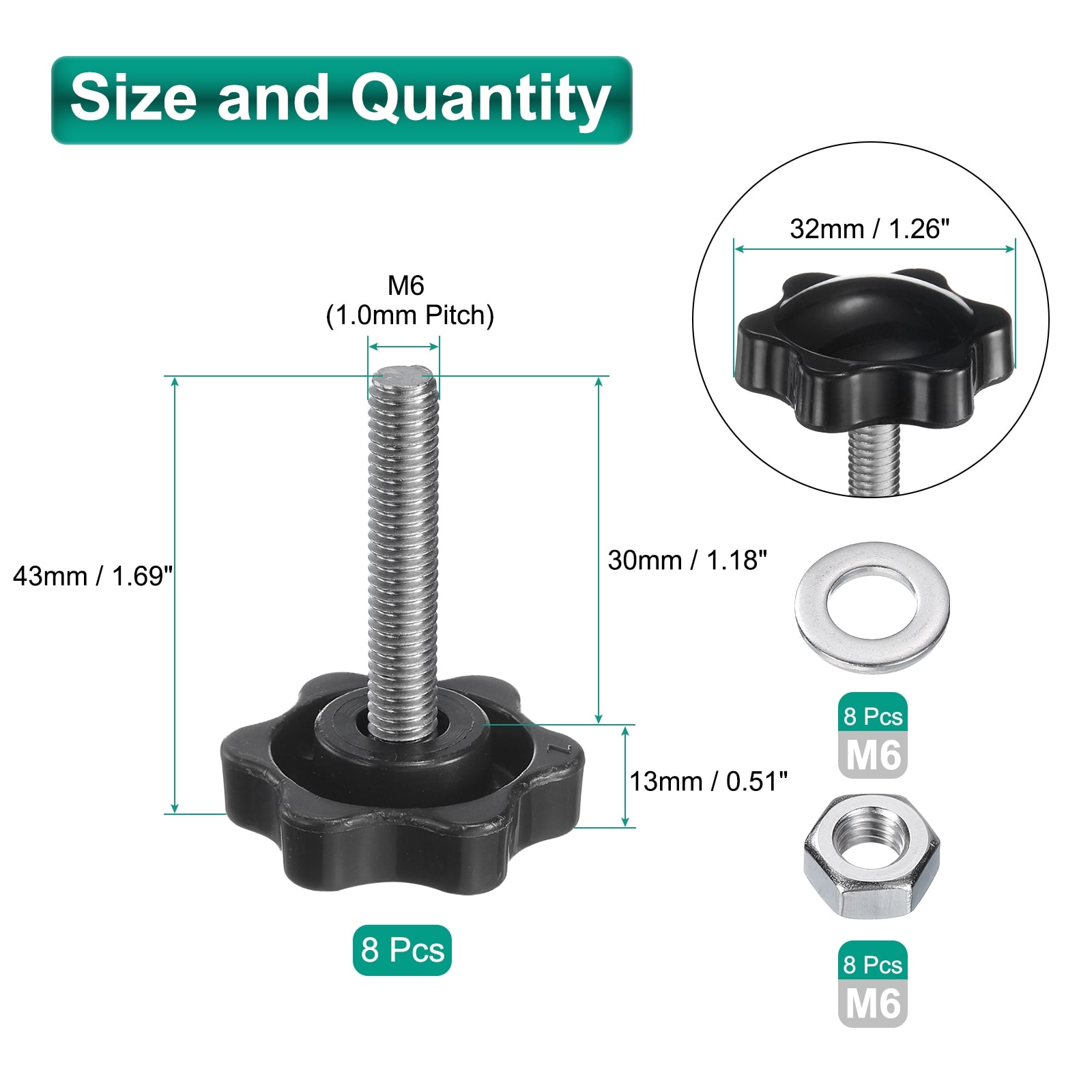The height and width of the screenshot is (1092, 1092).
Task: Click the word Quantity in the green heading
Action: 480,100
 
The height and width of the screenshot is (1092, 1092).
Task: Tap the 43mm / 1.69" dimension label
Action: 93,576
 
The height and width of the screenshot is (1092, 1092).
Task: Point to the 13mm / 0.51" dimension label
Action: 708,781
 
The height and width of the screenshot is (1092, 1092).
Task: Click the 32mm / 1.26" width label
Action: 870,228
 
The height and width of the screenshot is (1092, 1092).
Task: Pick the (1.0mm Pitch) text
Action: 409,315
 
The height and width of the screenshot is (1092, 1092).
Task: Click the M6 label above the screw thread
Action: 406,285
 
